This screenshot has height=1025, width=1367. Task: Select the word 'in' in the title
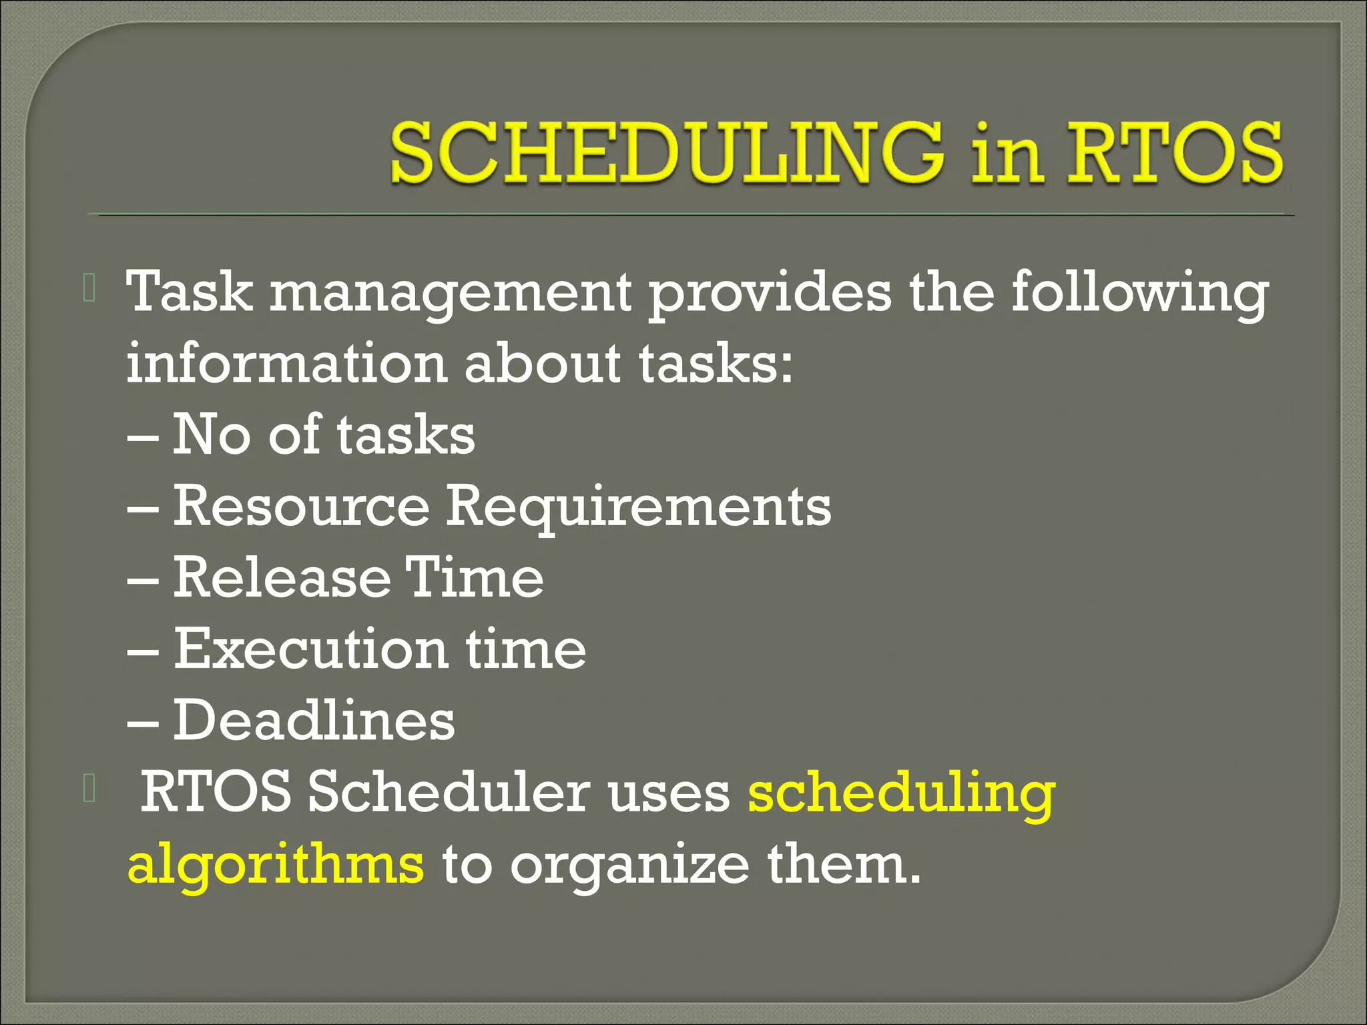tap(1007, 155)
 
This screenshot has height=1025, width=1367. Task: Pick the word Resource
tap(301, 506)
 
